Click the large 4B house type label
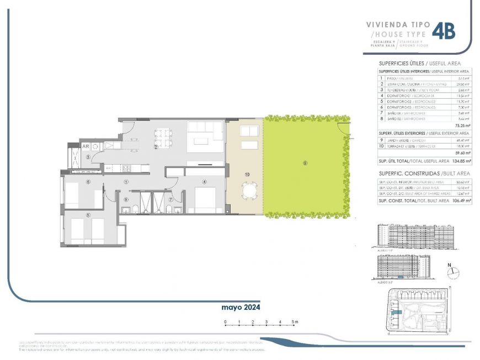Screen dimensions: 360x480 coord(444,31)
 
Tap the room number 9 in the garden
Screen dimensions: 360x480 coord(304,163)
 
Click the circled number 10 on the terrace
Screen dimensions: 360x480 coord(247,174)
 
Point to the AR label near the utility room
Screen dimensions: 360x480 coord(86,146)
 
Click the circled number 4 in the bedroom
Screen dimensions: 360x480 coord(204,182)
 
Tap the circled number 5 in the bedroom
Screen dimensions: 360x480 coord(87,215)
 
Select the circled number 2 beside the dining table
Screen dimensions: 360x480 coord(156,147)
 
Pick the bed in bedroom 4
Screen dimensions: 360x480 coord(205,199)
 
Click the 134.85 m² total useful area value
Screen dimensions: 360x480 coord(461,161)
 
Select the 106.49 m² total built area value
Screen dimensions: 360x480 coord(461,202)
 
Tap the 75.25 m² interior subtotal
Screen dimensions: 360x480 coord(461,126)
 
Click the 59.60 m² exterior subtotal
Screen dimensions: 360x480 coord(461,153)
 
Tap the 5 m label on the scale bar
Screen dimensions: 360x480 coord(295,322)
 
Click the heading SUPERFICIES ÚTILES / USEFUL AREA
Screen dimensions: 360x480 coord(419,63)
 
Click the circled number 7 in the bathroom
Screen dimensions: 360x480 coord(171,199)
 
